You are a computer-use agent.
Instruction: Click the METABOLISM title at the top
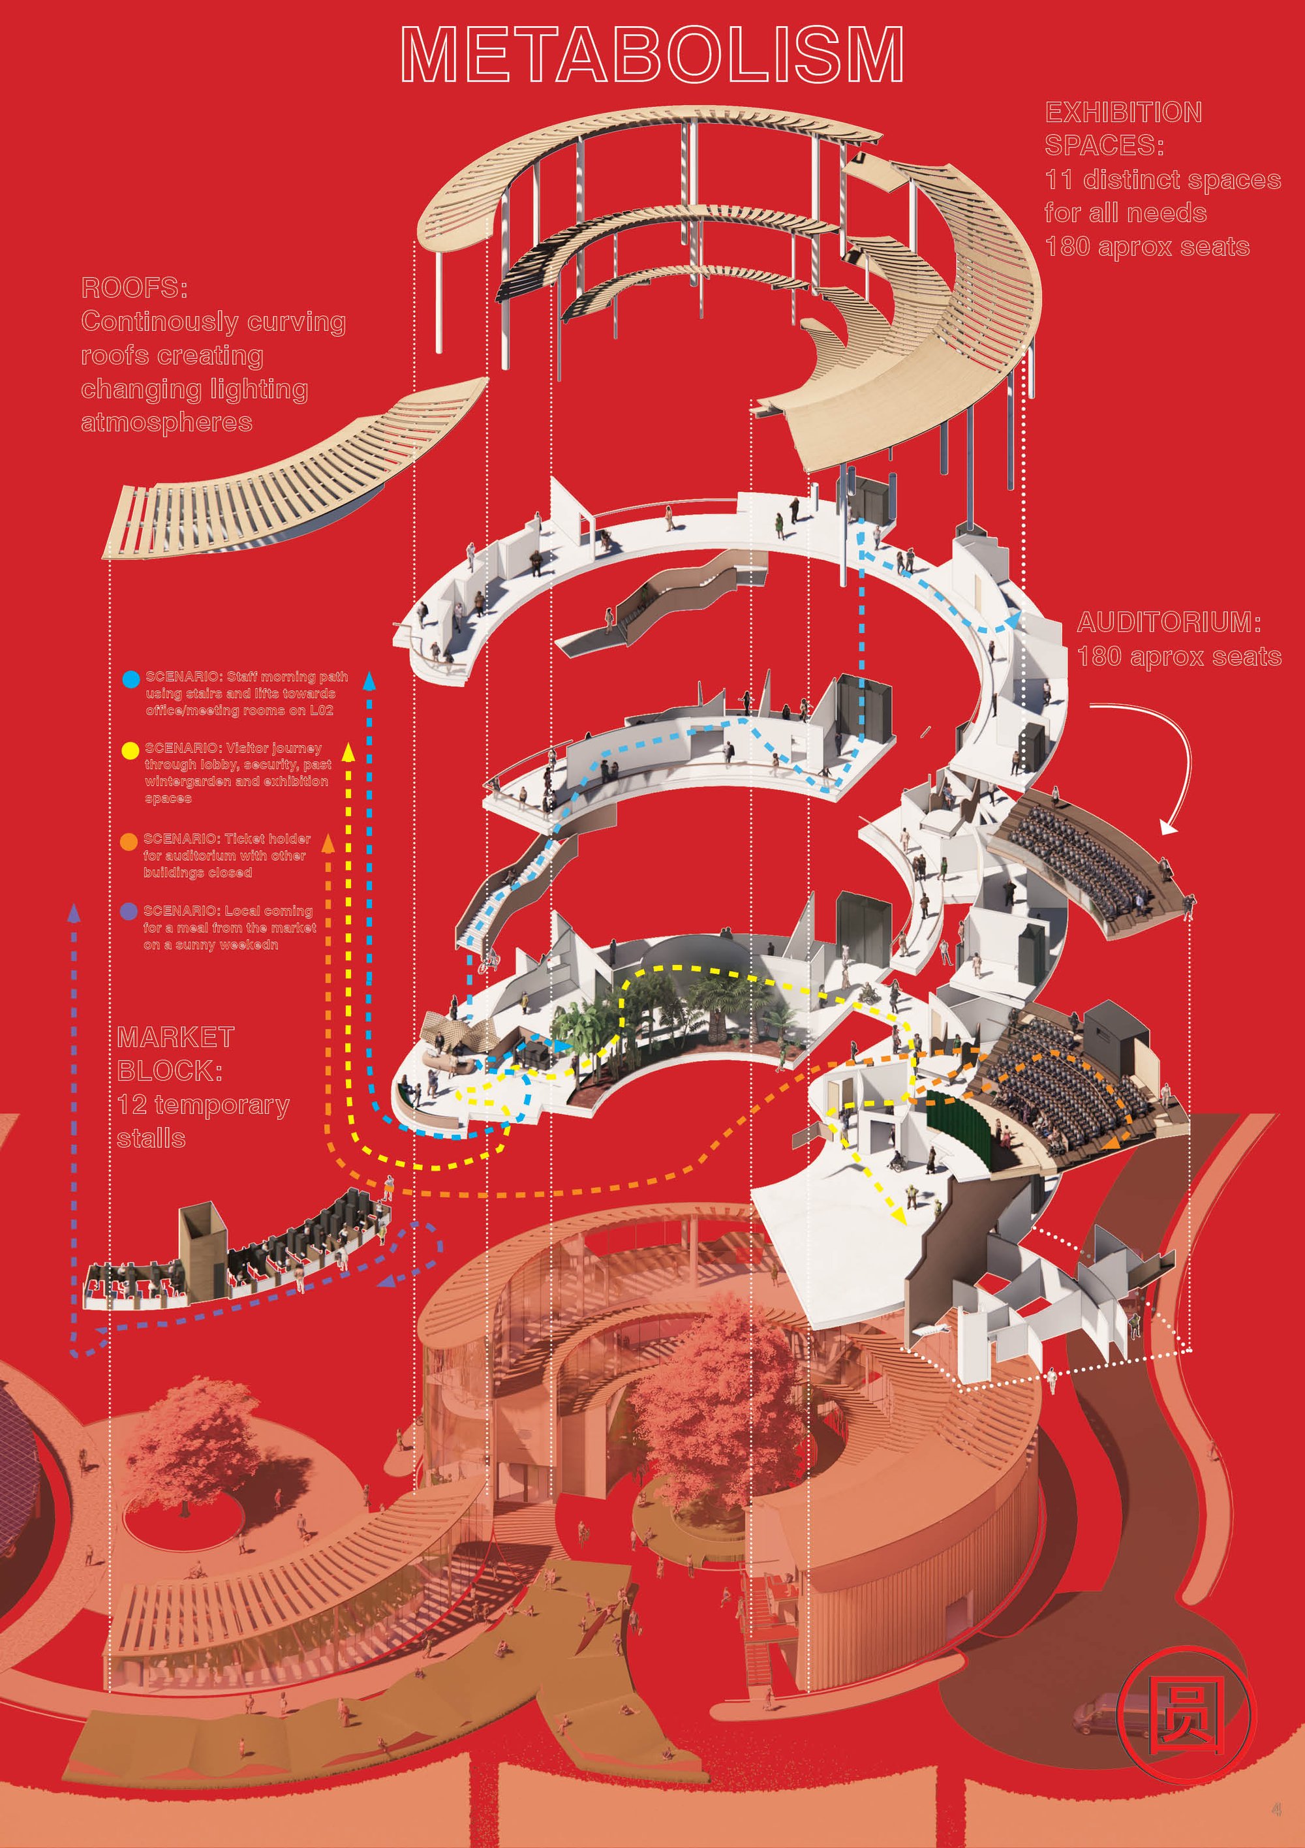pyautogui.click(x=652, y=54)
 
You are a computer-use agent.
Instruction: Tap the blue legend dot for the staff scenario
pyautogui.click(x=130, y=679)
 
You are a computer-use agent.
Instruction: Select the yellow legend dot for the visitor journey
pyautogui.click(x=130, y=750)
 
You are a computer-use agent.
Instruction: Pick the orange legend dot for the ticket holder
pyautogui.click(x=129, y=841)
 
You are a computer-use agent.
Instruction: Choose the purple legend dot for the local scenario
pyautogui.click(x=129, y=911)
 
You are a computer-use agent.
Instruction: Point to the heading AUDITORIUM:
pyautogui.click(x=1169, y=622)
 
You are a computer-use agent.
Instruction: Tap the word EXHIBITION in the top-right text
pyautogui.click(x=1123, y=112)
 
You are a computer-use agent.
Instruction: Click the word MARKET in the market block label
pyautogui.click(x=176, y=1037)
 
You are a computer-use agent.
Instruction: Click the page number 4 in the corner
pyautogui.click(x=1276, y=1809)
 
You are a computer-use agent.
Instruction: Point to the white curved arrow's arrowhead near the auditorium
pyautogui.click(x=1167, y=826)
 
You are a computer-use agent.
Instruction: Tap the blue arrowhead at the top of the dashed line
pyautogui.click(x=369, y=680)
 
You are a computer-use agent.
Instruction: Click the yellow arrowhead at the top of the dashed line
pyautogui.click(x=348, y=752)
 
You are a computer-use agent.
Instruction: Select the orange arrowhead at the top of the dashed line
pyautogui.click(x=328, y=842)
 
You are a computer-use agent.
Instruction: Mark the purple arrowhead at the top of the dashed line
pyautogui.click(x=74, y=912)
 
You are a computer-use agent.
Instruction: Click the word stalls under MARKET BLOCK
pyautogui.click(x=151, y=1138)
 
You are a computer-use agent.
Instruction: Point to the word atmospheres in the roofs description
pyautogui.click(x=166, y=423)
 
